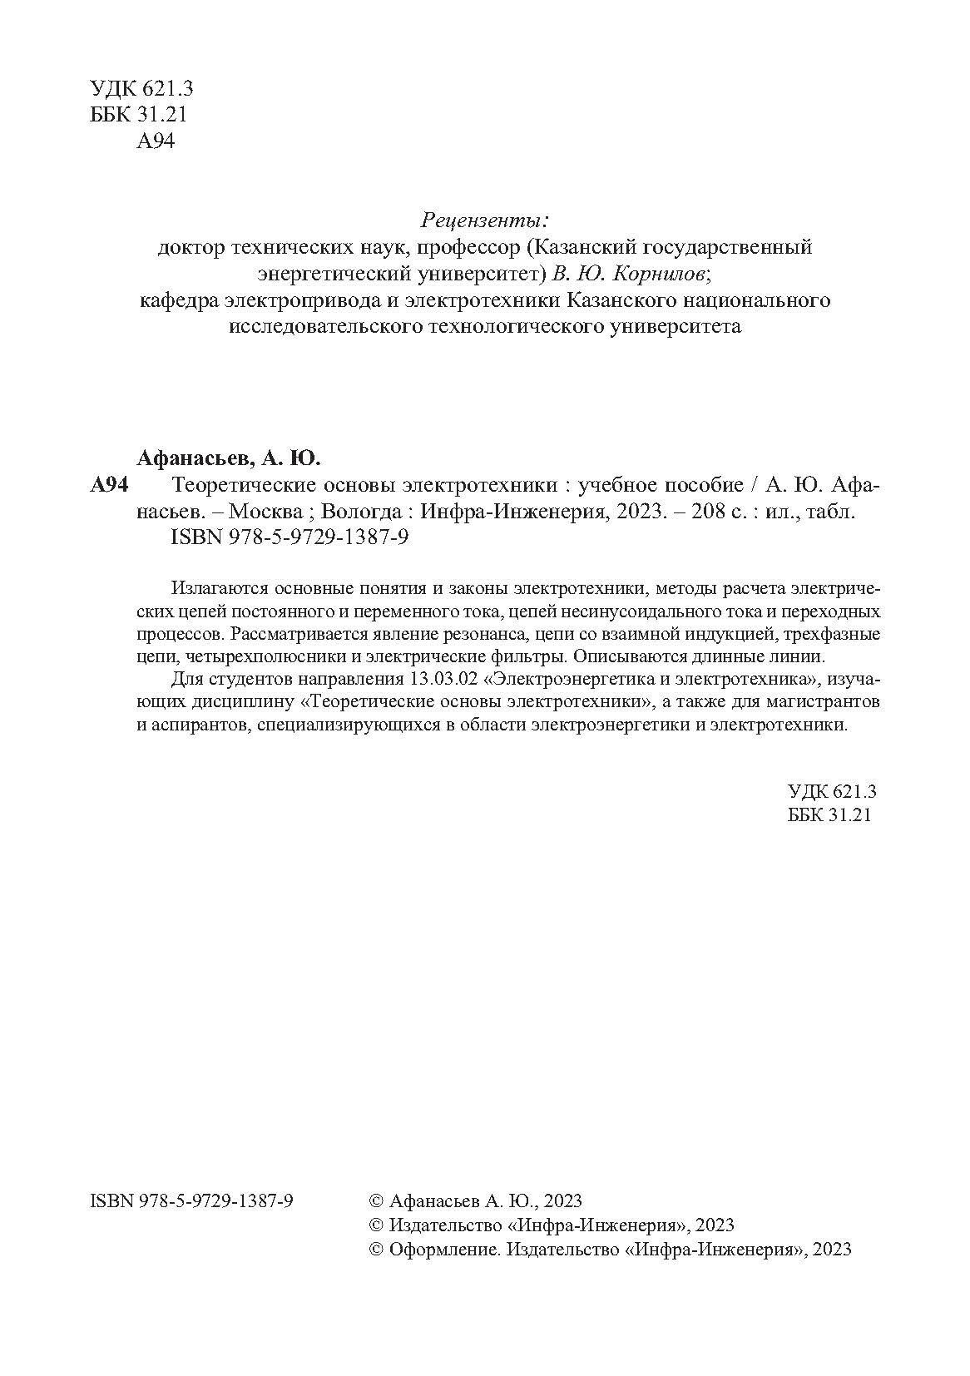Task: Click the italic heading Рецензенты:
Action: pyautogui.click(x=486, y=221)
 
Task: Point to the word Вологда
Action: pyautogui.click(x=359, y=512)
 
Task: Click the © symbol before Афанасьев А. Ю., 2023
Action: pyautogui.click(x=376, y=1201)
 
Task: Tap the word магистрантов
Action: pyautogui.click(x=824, y=701)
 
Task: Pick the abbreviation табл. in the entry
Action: pyautogui.click(x=834, y=512)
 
